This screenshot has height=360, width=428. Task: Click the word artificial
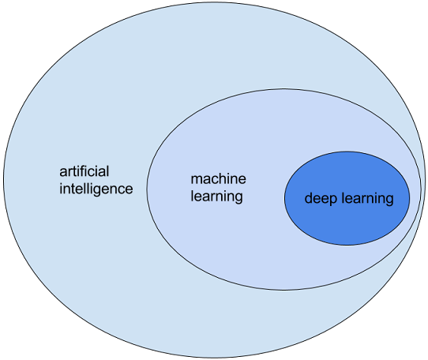coord(84,171)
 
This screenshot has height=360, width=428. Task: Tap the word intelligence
coord(96,189)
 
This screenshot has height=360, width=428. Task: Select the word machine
coord(219,178)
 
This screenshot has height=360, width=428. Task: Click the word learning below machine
coord(216,196)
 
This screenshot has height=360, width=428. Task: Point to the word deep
coord(321,199)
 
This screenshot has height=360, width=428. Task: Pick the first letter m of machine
coord(196,180)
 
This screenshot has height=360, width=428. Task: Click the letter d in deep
coord(309,199)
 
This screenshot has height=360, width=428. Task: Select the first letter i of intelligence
coord(62,189)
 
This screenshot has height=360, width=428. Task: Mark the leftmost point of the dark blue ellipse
coord(284,198)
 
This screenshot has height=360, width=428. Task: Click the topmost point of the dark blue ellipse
coord(347,152)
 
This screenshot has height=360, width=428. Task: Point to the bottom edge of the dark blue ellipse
coord(347,246)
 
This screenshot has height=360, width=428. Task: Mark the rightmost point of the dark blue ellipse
coord(410,198)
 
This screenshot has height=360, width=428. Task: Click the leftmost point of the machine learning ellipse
coord(146,189)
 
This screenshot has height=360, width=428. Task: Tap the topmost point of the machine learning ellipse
coord(283,88)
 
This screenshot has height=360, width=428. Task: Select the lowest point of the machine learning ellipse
coord(283,290)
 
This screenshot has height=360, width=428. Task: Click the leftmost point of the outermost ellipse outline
coord(2,180)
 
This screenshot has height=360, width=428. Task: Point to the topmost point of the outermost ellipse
coord(213,2)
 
